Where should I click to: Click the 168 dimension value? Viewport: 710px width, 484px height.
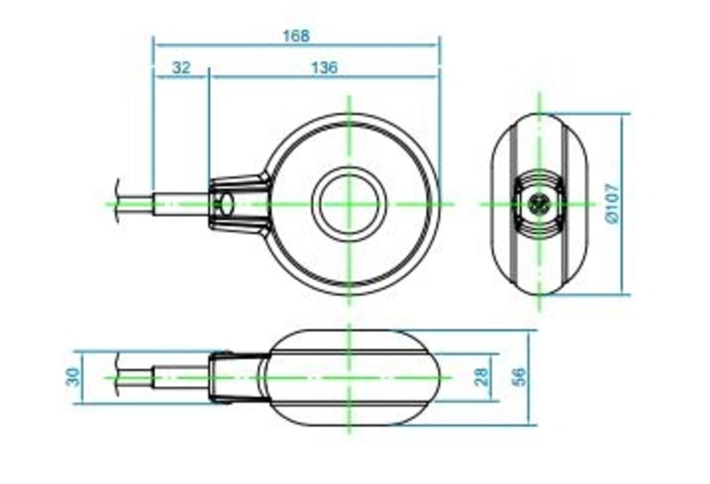click(x=296, y=36)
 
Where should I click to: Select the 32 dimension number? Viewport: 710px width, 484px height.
click(x=181, y=68)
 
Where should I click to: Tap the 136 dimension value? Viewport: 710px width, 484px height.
click(x=324, y=68)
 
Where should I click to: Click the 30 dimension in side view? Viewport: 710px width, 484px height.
click(x=74, y=377)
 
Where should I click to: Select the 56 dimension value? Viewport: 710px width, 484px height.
click(x=519, y=377)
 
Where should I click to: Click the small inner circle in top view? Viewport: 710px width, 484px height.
click(x=349, y=204)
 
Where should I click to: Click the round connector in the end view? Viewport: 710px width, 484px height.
click(x=539, y=204)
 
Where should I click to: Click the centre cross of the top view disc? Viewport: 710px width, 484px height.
click(x=349, y=204)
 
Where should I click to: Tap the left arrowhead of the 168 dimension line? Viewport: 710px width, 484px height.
click(x=156, y=45)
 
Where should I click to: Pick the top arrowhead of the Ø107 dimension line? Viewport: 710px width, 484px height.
click(x=621, y=117)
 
